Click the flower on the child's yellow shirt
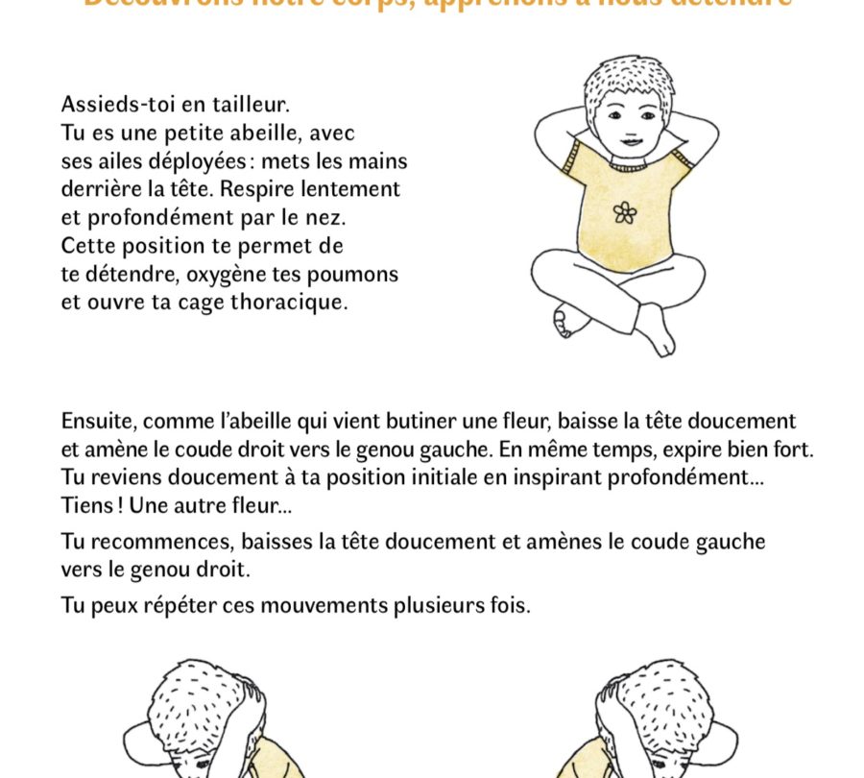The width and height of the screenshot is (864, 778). tap(624, 212)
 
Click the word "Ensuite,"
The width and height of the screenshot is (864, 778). tap(101, 422)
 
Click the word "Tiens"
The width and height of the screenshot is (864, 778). tap(85, 505)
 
